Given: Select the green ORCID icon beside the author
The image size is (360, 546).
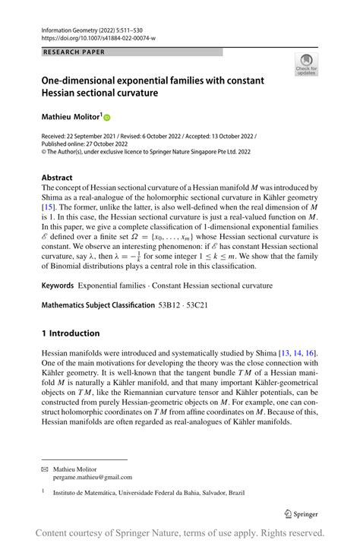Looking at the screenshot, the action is pyautogui.click(x=107, y=118).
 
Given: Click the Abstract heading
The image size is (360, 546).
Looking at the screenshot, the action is pyautogui.click(x=58, y=177).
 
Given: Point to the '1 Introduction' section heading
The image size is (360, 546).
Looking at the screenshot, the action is pyautogui.click(x=71, y=333).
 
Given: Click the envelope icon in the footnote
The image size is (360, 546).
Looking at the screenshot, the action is pyautogui.click(x=45, y=469).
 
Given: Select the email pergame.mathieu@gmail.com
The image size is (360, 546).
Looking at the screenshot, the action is pyautogui.click(x=93, y=478).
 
